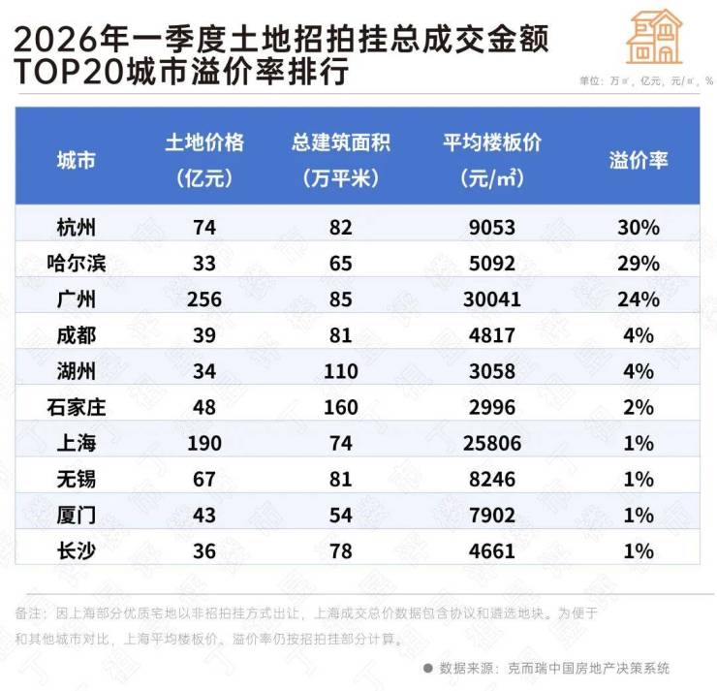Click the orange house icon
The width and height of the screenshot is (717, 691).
point(655,38)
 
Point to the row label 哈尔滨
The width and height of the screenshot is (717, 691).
point(77,263)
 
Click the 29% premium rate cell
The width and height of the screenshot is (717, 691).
point(639,263)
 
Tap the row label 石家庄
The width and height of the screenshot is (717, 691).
point(77,408)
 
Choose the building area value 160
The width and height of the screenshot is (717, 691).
point(340,408)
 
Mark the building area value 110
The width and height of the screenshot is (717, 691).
point(340,371)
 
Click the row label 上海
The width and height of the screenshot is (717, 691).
point(77,444)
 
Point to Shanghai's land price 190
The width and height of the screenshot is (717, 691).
point(204,444)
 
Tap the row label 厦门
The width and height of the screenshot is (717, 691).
point(77,517)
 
